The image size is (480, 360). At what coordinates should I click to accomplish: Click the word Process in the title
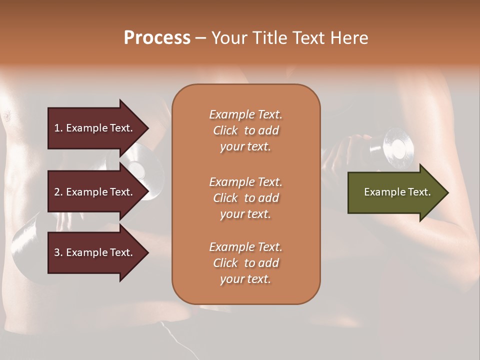point(157,38)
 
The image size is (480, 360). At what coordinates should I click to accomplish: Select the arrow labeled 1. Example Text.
point(95,128)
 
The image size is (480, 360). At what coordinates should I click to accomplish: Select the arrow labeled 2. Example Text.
point(95,192)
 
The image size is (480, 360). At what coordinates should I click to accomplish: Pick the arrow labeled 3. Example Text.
point(95,252)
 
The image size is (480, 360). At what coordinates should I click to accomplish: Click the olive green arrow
point(395,192)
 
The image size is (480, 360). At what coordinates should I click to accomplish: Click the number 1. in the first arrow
point(58,128)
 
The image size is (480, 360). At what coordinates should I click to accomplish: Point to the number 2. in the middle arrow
point(58,192)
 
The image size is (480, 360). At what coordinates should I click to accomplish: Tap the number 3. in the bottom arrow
point(58,252)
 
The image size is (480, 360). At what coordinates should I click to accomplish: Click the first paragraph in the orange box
point(245,130)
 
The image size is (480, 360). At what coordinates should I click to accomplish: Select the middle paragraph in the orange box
point(245,198)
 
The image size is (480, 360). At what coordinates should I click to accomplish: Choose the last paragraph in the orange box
point(245,263)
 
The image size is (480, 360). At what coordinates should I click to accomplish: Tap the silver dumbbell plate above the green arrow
point(395,146)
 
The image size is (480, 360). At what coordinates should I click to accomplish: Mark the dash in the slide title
point(201,38)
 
